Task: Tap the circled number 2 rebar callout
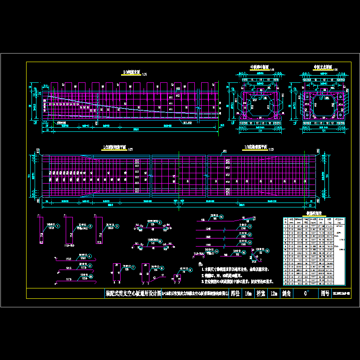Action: (x=90, y=226)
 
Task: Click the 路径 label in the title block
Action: (x=234, y=294)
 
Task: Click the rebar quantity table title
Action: (x=303, y=215)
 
